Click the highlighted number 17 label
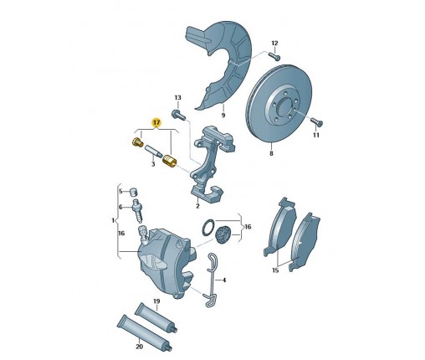(x=156, y=122)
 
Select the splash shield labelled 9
(x=220, y=64)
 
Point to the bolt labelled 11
(x=317, y=121)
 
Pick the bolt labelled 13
(x=178, y=115)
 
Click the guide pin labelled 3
(x=153, y=151)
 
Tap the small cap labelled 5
(x=135, y=193)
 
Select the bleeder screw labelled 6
(x=138, y=210)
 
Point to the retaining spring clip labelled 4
(x=210, y=279)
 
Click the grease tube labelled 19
(x=156, y=318)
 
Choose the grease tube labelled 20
(x=144, y=333)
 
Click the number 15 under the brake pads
(x=275, y=270)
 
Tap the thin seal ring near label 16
(x=208, y=227)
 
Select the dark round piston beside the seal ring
(x=223, y=234)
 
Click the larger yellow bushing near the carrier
(x=169, y=161)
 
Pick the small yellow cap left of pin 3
(x=137, y=142)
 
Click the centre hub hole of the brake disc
(x=285, y=105)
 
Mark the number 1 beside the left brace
(x=113, y=220)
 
